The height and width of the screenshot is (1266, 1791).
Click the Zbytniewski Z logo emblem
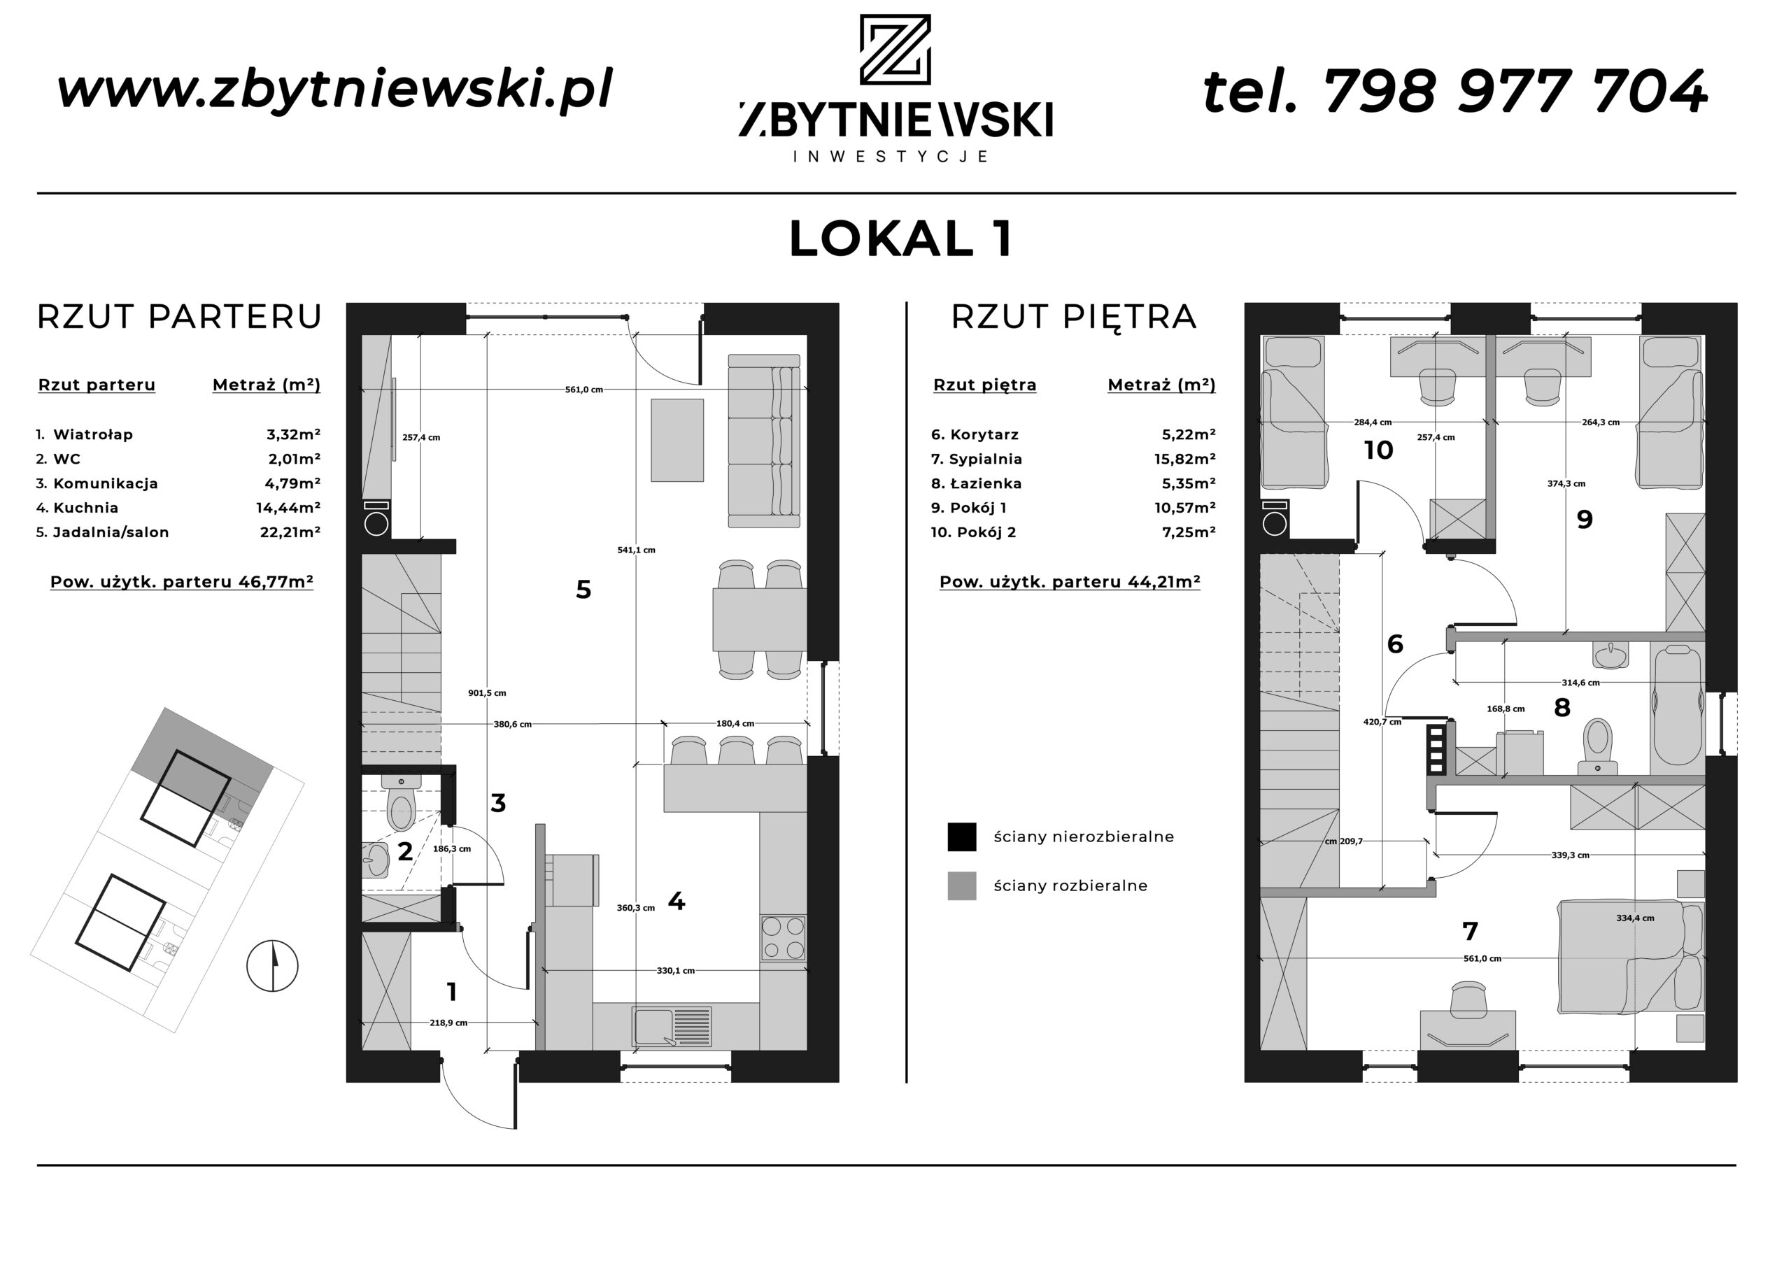(895, 49)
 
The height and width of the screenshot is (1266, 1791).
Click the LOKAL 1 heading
(901, 239)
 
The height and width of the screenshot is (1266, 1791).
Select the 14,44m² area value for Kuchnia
(288, 508)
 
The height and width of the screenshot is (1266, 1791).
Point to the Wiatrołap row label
(93, 434)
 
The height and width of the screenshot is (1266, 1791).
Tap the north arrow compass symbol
(272, 966)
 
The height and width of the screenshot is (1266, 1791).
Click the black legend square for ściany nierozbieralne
(962, 837)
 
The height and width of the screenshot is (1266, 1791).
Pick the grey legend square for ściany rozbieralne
(962, 886)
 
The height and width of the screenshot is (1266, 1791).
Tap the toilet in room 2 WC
(401, 803)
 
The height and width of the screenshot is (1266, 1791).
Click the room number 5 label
(583, 590)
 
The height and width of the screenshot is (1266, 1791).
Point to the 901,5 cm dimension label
(487, 692)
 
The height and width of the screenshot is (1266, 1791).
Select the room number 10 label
(1378, 450)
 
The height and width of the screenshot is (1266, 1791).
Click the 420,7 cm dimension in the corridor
(1382, 723)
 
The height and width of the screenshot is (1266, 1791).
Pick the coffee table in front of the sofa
(677, 440)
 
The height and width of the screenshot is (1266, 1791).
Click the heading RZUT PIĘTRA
(1073, 318)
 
